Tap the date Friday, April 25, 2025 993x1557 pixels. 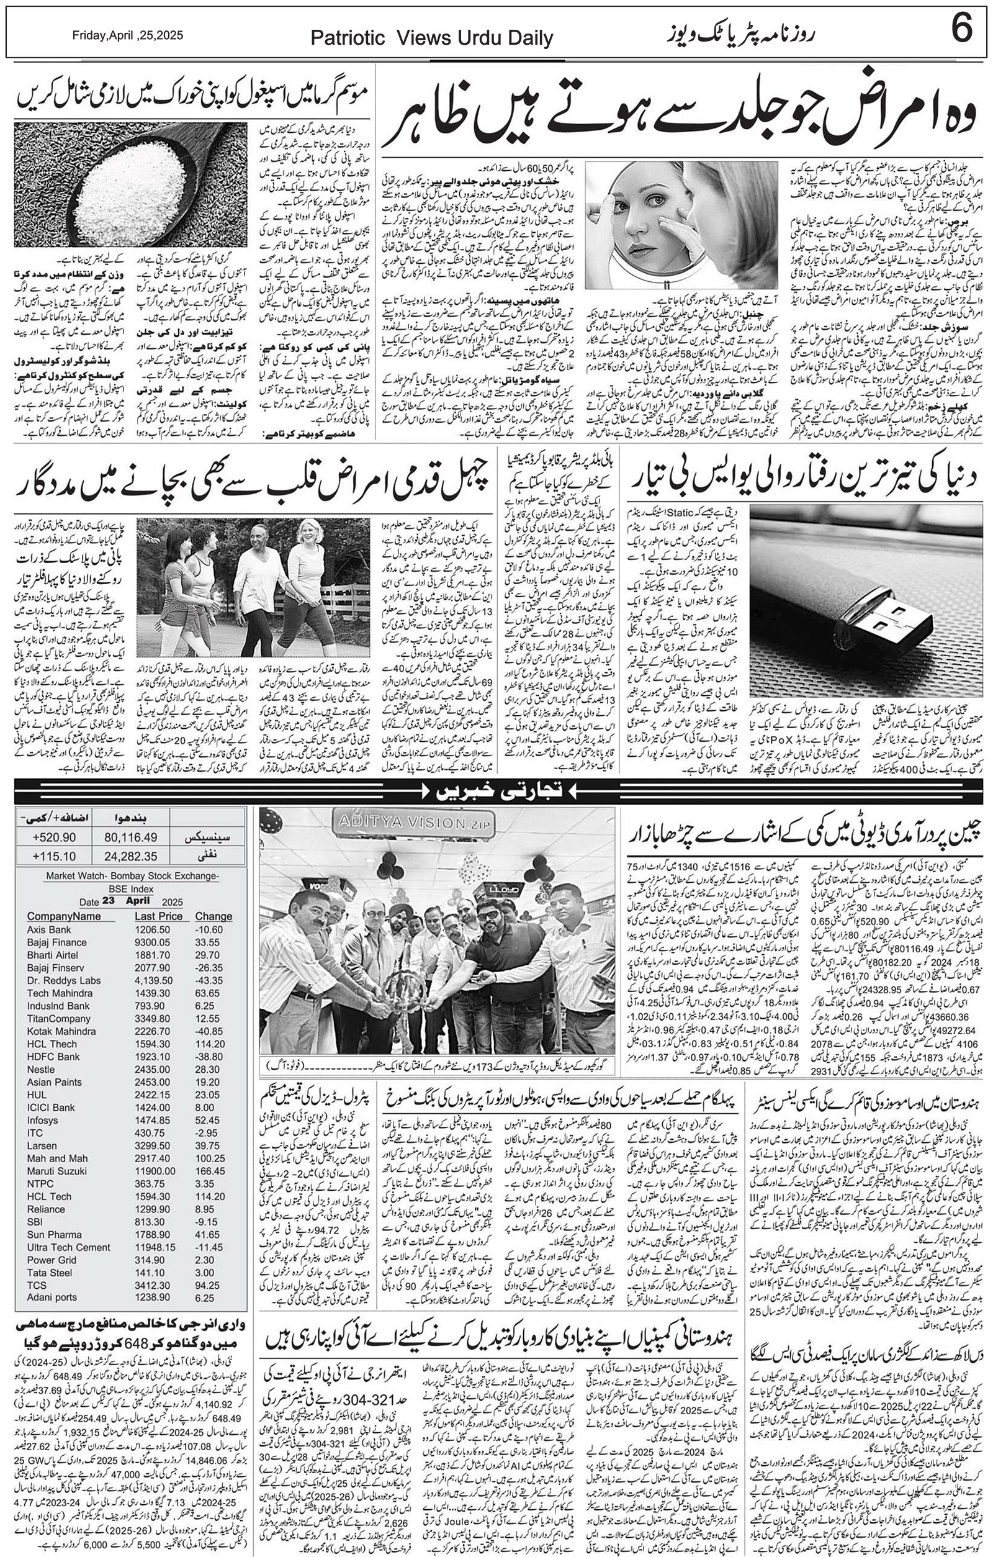(x=127, y=35)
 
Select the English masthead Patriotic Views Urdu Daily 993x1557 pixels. (x=431, y=38)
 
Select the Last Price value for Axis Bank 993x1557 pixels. (x=153, y=930)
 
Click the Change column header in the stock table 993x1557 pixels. (x=213, y=916)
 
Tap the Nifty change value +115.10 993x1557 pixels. (x=53, y=856)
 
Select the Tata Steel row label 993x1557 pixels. (x=49, y=1273)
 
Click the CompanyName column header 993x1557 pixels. (x=64, y=916)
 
